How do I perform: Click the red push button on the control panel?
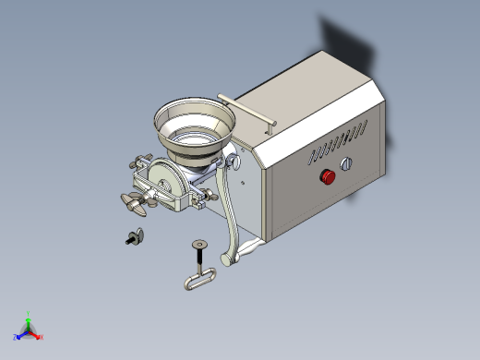[327, 176]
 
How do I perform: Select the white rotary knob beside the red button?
[348, 165]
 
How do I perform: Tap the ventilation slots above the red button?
[337, 144]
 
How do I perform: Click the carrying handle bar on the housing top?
[247, 109]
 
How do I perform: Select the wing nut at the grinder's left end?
[134, 204]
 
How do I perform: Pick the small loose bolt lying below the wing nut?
[134, 237]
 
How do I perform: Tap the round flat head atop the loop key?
[198, 244]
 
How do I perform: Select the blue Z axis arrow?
[18, 334]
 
